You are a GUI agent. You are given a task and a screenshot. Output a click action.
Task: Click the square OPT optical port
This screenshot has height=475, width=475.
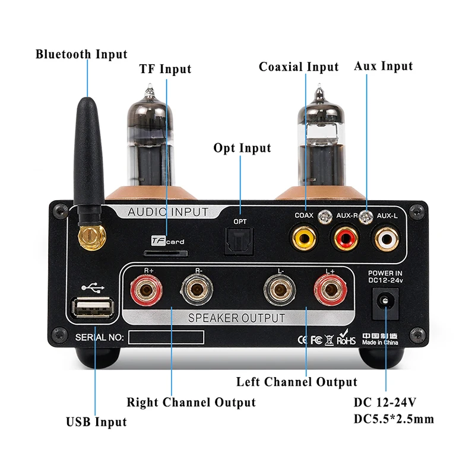[240, 239]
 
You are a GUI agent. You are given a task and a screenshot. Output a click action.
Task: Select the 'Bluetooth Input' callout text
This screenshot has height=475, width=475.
[81, 55]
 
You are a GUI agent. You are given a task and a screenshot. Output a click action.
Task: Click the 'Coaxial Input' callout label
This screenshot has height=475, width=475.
[298, 67]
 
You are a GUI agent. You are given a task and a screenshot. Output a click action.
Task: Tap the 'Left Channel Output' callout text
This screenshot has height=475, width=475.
[297, 382]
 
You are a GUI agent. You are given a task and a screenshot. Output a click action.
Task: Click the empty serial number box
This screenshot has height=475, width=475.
[167, 337]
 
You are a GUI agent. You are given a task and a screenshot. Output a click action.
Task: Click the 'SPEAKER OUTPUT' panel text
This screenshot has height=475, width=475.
[236, 318]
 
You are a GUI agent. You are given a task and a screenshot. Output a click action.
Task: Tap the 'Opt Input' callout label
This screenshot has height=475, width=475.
[242, 148]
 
